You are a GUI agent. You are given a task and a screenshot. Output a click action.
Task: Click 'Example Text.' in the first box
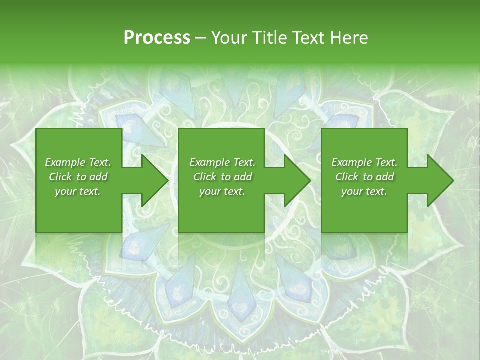point(78,162)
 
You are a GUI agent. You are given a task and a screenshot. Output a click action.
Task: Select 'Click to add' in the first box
point(78,177)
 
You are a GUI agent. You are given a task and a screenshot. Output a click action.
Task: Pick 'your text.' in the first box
point(78,191)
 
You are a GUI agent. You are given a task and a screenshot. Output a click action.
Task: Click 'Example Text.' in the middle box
point(222,162)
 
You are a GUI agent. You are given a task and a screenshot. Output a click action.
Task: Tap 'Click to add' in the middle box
point(222,177)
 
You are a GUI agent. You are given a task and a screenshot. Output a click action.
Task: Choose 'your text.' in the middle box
point(222,191)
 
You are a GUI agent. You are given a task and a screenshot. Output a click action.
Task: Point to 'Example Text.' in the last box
point(364,162)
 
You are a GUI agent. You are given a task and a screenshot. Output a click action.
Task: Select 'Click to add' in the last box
point(364,177)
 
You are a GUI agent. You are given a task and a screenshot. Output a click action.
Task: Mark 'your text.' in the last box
point(364,191)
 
